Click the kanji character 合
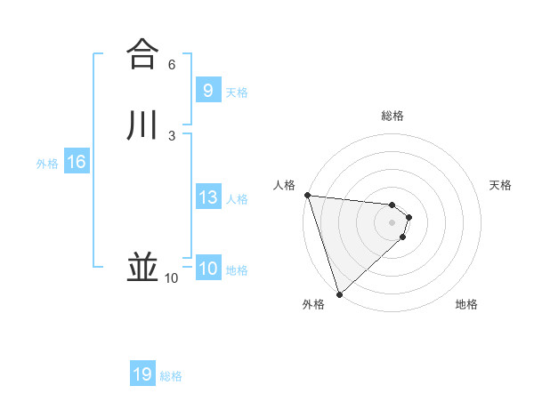tap(142, 53)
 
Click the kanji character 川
tap(142, 125)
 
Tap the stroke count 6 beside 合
tap(172, 65)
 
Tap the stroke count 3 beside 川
tap(172, 136)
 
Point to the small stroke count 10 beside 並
tap(172, 278)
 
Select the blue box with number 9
tap(207, 90)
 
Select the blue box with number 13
tap(207, 197)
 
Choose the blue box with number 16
tap(76, 162)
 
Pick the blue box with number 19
tap(142, 374)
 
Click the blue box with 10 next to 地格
tap(207, 269)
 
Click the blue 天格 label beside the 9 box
tap(237, 92)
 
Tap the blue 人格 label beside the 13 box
tap(237, 199)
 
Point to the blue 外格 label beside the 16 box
tap(47, 164)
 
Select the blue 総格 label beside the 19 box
tap(171, 376)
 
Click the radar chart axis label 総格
tap(392, 116)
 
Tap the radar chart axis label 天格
tap(501, 185)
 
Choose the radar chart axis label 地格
tap(466, 305)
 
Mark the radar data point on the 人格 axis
tap(307, 195)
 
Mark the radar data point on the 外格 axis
tap(339, 293)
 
